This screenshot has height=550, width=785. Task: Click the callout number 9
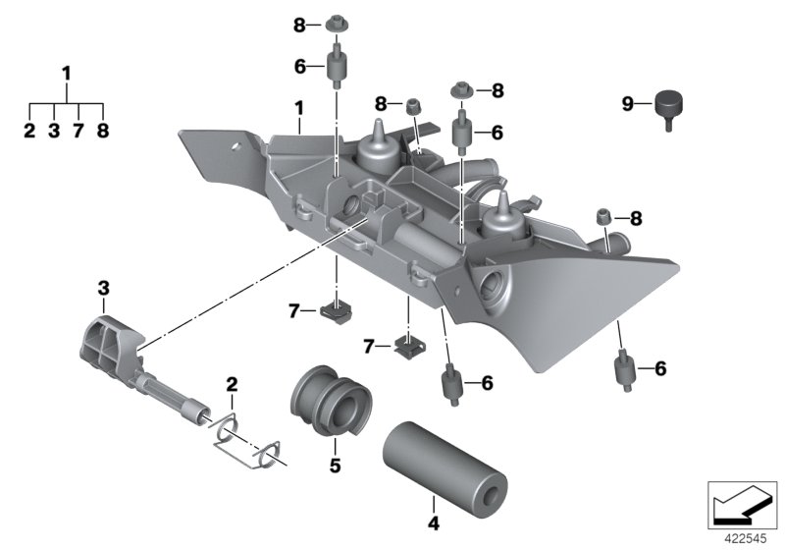tap(628, 101)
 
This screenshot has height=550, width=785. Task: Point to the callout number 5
tap(334, 467)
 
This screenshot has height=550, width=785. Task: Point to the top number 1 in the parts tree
tap(67, 73)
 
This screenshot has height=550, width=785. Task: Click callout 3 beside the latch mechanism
tap(102, 288)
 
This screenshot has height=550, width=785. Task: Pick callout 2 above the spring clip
tap(232, 383)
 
